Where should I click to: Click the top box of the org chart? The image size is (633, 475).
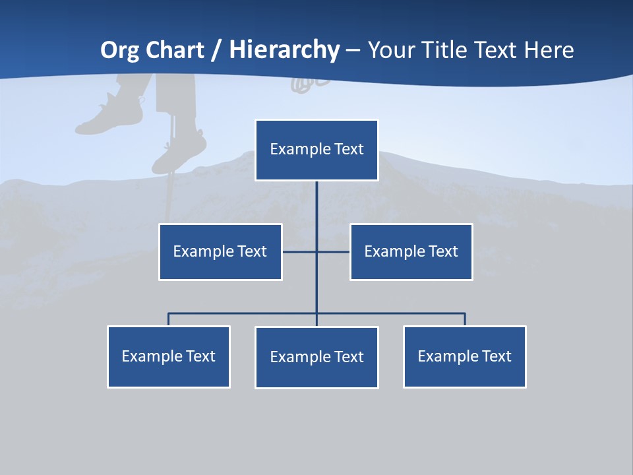pyautogui.click(x=316, y=150)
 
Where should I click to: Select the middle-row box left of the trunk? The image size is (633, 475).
pyautogui.click(x=220, y=251)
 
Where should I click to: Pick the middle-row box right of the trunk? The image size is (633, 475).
pyautogui.click(x=411, y=251)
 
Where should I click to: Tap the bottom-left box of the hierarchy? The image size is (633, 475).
pyautogui.click(x=169, y=356)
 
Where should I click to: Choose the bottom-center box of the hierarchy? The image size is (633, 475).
pyautogui.click(x=316, y=357)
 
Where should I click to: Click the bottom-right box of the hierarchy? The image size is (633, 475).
pyautogui.click(x=464, y=356)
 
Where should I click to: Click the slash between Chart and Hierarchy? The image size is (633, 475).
pyautogui.click(x=216, y=50)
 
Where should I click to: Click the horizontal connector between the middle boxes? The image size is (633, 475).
pyautogui.click(x=300, y=251)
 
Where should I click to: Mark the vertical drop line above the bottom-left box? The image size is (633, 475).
pyautogui.click(x=169, y=319)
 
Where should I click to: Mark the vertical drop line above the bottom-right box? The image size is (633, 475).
pyautogui.click(x=465, y=319)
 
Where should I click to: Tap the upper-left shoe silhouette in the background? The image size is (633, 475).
pyautogui.click(x=109, y=115)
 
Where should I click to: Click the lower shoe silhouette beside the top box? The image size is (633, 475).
pyautogui.click(x=179, y=150)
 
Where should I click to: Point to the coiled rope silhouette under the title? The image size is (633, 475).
pyautogui.click(x=305, y=82)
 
